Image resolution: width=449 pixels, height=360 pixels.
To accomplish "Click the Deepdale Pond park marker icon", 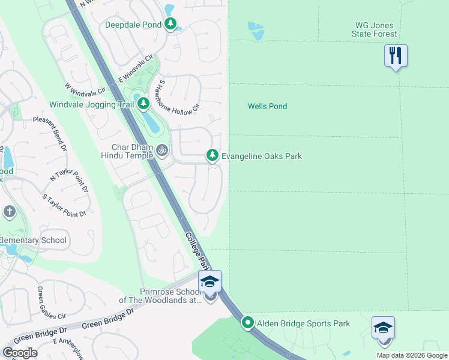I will pos(172,25).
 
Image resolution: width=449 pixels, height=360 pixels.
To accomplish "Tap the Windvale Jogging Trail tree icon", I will pos(143,104).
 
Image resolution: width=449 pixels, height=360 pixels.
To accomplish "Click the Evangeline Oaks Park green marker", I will pos(212,155).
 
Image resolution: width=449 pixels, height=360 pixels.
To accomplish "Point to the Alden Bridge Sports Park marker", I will pos(247,323).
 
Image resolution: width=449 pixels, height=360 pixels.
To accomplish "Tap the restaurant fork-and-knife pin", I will pos(396,56).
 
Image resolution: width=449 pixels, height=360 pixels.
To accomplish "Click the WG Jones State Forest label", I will pos(378,29).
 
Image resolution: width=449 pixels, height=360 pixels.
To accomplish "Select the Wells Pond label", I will pos(267,106).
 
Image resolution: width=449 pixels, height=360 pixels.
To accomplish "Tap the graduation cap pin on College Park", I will pos(210,281).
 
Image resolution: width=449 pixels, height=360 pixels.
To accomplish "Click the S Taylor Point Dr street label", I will pos(65,205).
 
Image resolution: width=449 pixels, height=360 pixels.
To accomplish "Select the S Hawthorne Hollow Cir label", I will pos(178,94).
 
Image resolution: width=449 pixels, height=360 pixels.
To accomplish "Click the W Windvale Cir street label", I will pos(85,91).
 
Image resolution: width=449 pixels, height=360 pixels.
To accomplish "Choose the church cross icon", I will pos(9,211).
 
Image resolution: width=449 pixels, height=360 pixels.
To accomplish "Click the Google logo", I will pos(20,352).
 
